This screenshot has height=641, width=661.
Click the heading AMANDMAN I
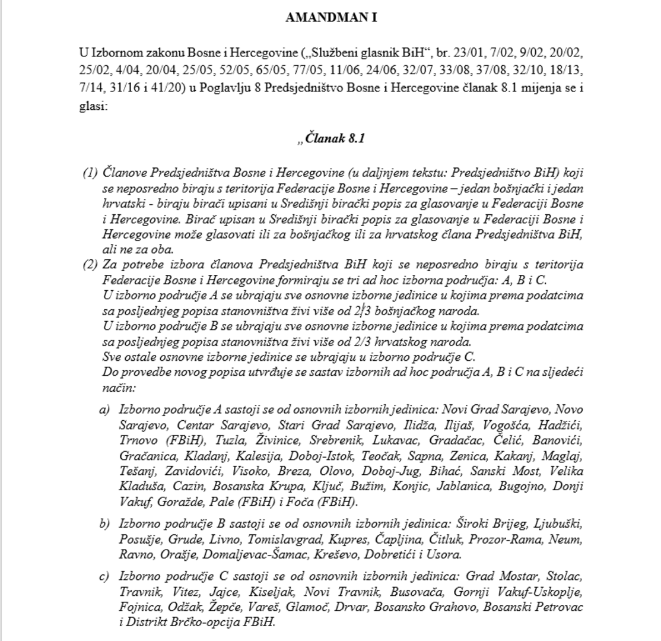(330, 17)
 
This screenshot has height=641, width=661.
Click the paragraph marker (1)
(90, 173)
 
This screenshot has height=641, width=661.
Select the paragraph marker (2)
(90, 264)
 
